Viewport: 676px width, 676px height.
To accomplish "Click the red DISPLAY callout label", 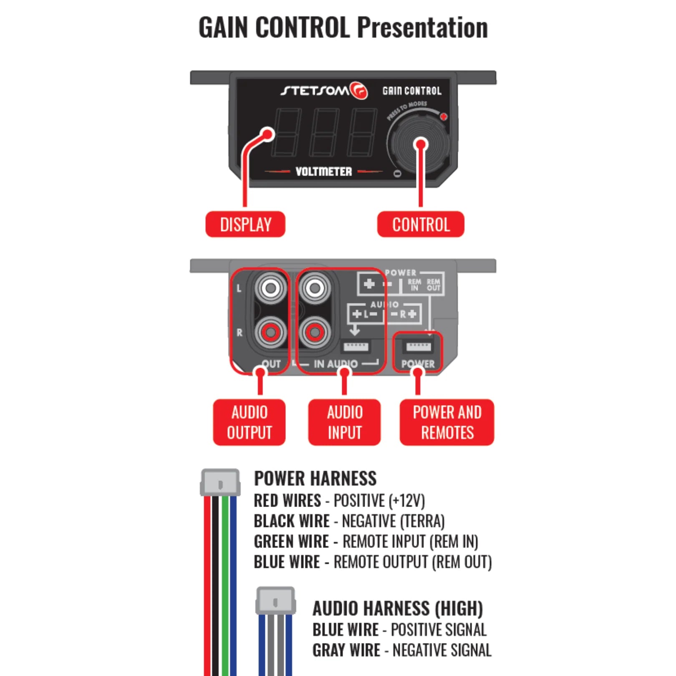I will point(245,224).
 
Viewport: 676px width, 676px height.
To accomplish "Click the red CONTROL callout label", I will point(421,224).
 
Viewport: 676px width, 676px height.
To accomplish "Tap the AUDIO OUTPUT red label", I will point(249,422).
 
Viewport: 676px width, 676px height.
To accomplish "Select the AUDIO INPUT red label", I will point(344,422).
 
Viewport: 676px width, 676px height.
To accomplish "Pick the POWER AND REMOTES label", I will point(447,422).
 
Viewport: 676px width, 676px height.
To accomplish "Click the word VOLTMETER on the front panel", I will point(323,172).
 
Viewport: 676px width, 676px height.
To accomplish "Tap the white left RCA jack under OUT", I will point(270,288).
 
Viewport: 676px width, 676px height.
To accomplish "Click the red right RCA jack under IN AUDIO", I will point(315,333).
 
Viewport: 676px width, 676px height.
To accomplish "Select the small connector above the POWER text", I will point(418,346).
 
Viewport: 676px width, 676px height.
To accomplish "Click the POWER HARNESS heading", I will point(315,478).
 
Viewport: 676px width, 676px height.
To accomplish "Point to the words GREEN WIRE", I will point(291,542).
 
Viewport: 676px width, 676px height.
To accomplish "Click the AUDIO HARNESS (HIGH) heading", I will point(397,608).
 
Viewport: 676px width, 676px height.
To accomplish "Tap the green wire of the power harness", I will point(225,584).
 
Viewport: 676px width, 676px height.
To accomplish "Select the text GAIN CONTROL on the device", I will point(412,91).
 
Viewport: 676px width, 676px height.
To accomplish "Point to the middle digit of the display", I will point(324,132).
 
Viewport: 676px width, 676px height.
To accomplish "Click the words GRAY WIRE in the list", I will point(346,650).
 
